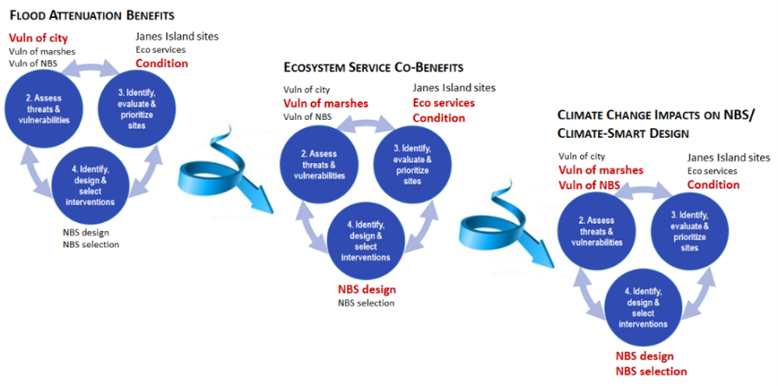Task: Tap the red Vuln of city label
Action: pos(38,37)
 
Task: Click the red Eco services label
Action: pos(444,103)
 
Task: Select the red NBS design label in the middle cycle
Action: pos(366,289)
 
